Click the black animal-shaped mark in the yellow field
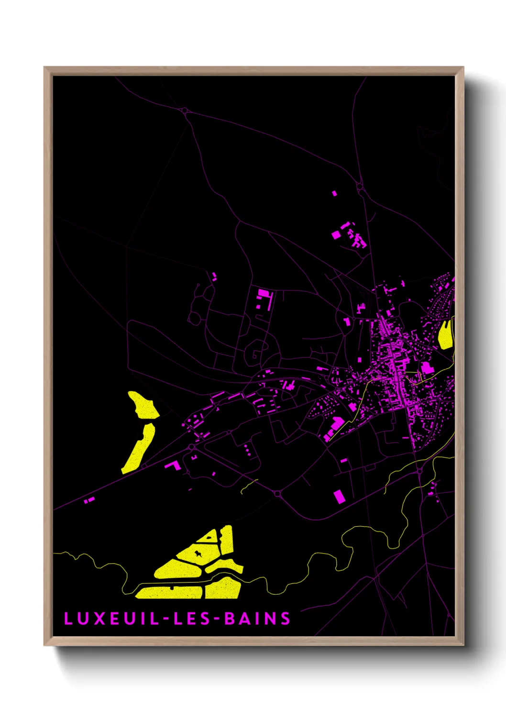198,554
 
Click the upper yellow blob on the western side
143,405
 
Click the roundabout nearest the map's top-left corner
185,111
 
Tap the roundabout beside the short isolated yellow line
278,493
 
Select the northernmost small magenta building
334,193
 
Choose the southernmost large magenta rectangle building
339,496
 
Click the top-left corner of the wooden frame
44,67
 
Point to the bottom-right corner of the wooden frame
463,645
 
